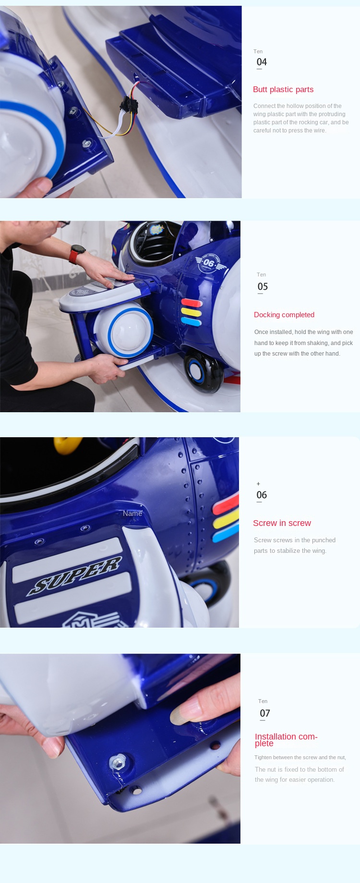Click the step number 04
(x=262, y=62)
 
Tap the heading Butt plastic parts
(x=283, y=89)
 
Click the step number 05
(x=263, y=286)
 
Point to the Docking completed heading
(x=284, y=315)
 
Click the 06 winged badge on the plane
(x=208, y=263)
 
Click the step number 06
(x=262, y=495)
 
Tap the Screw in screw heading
(x=282, y=523)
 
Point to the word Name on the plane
(x=132, y=513)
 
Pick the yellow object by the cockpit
(x=67, y=445)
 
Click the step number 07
(x=265, y=713)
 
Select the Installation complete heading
(x=286, y=740)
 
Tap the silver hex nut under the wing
(x=117, y=762)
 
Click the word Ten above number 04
(x=258, y=51)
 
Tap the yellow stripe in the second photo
(x=191, y=312)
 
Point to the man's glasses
(x=64, y=224)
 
